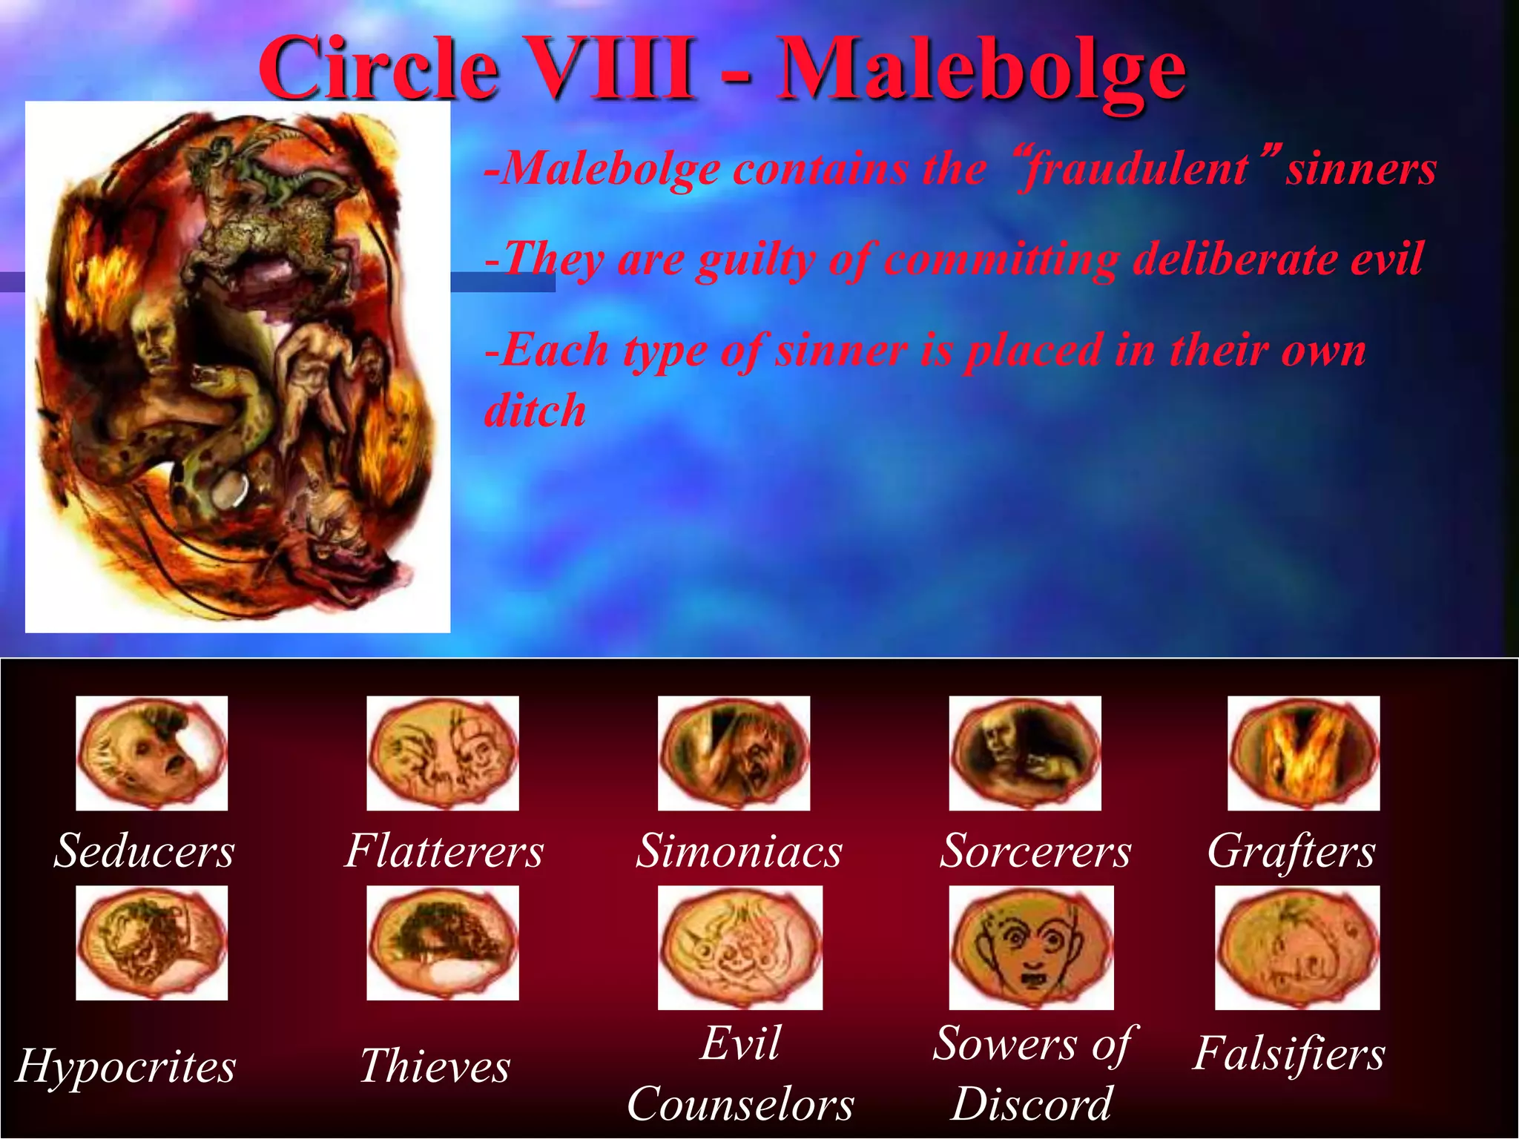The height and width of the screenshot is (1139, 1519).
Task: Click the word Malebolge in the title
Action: tap(981, 71)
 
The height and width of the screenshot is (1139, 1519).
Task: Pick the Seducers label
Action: tap(144, 851)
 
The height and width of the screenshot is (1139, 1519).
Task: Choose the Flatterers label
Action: tap(444, 851)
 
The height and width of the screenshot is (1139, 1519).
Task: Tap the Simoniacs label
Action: tap(739, 851)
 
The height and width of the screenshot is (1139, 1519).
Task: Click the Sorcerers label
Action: tap(1035, 851)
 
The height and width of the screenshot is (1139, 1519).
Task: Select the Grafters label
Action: tap(1291, 852)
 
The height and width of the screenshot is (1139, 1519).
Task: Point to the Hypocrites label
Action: tap(126, 1066)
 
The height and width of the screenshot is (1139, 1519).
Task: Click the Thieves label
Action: tap(435, 1066)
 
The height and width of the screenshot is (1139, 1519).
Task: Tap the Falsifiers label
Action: tap(1288, 1054)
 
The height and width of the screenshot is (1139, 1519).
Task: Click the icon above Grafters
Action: tap(1303, 753)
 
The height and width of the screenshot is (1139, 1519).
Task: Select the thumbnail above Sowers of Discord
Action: tap(1031, 947)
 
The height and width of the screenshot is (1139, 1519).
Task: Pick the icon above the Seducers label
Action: tap(151, 753)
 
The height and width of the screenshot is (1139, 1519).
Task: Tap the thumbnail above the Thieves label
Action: tap(443, 942)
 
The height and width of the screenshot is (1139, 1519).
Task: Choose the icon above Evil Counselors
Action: tap(739, 947)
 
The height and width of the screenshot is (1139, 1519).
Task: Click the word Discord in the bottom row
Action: tap(1031, 1104)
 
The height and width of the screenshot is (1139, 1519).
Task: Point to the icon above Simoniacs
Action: tap(734, 753)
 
